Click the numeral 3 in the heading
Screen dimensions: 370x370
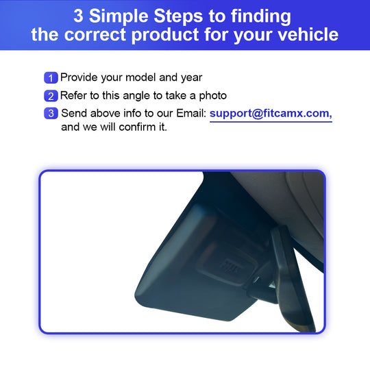pos(78,16)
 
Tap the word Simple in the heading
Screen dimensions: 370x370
pos(119,17)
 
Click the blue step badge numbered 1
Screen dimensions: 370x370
pos(51,78)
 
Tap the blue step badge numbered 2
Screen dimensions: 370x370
pos(51,96)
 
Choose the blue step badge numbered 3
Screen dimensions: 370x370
pos(51,114)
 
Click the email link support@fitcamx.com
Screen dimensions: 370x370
pos(271,114)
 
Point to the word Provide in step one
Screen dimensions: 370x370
pos(79,77)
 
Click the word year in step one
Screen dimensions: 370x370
pos(192,78)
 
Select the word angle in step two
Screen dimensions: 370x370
pos(136,97)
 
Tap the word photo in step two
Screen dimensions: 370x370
pos(213,96)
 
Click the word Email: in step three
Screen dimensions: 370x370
pos(191,113)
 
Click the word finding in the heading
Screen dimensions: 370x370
pos(261,17)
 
